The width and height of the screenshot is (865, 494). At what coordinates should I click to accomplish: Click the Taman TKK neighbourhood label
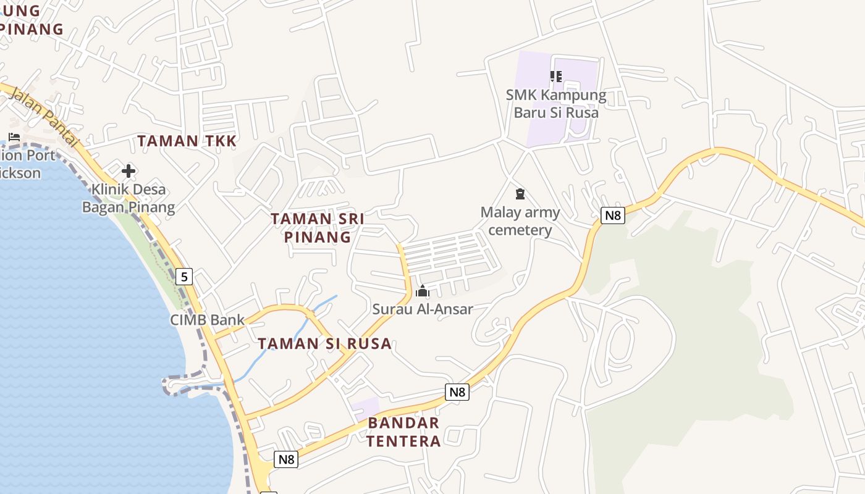(x=187, y=141)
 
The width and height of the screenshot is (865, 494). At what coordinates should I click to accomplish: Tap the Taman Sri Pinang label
(x=318, y=227)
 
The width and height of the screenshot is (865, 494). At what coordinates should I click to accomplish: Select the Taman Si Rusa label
(x=324, y=343)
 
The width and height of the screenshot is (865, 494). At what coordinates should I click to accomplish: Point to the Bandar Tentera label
(x=403, y=432)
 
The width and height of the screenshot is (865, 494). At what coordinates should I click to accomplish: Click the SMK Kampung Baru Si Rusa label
(x=556, y=104)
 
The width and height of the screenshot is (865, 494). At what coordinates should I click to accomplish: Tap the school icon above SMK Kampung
(x=555, y=77)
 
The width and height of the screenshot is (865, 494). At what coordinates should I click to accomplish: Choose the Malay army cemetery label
(x=520, y=221)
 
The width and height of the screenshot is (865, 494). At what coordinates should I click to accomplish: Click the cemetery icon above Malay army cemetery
(x=520, y=194)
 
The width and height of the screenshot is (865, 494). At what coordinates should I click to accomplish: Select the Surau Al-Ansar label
(x=423, y=309)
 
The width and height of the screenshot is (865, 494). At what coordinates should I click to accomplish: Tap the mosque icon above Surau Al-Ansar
(x=423, y=291)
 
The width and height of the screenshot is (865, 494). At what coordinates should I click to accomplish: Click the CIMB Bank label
(x=208, y=320)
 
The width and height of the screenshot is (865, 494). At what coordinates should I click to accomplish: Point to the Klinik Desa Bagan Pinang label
(x=129, y=198)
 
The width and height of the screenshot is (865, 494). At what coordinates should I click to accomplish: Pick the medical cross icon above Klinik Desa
(x=129, y=170)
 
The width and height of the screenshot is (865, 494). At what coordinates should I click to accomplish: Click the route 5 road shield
(x=184, y=276)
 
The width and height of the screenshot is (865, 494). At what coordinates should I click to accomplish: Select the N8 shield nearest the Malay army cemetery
(x=612, y=216)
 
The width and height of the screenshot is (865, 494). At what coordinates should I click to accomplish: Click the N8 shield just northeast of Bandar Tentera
(x=457, y=391)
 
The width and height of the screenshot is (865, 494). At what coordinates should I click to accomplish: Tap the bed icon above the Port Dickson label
(x=14, y=137)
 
